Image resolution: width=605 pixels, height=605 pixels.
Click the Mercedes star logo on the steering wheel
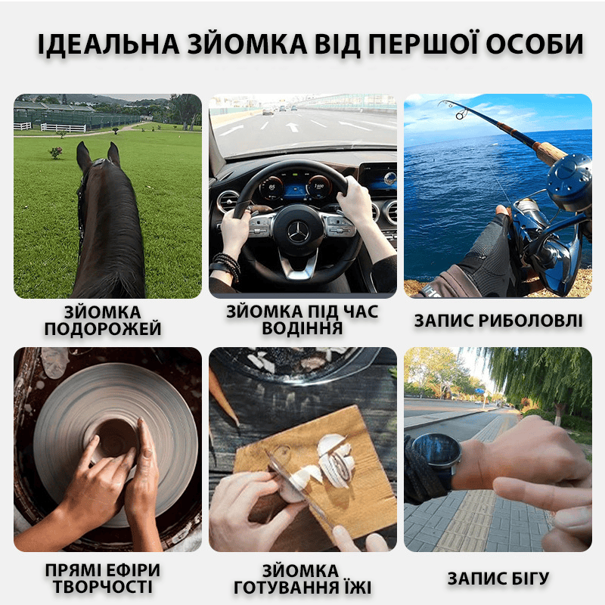(x=298, y=233)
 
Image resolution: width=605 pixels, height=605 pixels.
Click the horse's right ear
(x=113, y=154)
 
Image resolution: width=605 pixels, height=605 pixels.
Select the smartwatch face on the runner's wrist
(x=437, y=450)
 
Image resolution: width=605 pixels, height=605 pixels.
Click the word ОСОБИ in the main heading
(x=535, y=45)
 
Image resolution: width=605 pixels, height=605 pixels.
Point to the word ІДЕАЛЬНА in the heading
(x=108, y=45)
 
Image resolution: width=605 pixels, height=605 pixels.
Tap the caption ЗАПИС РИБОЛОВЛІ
(x=498, y=321)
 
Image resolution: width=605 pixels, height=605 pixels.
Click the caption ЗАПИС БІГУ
(x=498, y=579)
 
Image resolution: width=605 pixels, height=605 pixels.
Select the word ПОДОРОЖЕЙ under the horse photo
(x=103, y=329)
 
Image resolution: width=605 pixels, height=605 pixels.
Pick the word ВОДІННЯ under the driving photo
(x=302, y=328)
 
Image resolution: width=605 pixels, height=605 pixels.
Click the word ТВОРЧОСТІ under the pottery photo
(x=103, y=587)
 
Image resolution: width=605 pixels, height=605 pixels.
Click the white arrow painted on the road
(x=293, y=126)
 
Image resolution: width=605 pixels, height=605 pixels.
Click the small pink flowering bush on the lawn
(x=56, y=153)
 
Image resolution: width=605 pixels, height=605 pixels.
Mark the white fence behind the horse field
(x=64, y=128)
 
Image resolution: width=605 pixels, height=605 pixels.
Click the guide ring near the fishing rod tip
(x=461, y=114)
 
